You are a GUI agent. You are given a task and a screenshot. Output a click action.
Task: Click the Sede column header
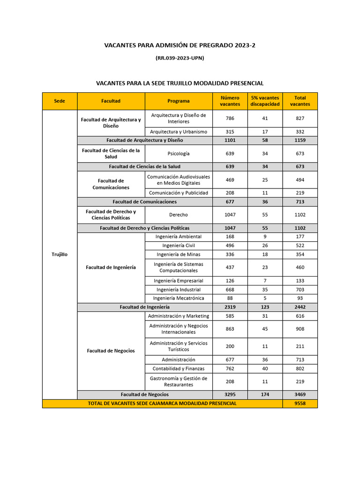pos(60,101)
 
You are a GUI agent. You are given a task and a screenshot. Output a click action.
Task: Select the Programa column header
pos(179,101)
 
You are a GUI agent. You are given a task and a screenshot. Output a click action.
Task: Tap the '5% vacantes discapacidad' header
pos(265,101)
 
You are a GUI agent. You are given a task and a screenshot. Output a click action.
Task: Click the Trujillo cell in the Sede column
pos(60,254)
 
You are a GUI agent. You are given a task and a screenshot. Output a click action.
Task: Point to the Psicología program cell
pos(179,153)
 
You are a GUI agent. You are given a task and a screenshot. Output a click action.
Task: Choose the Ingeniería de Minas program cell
pos(179,254)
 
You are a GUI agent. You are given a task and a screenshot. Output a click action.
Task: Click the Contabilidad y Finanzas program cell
pos(179,368)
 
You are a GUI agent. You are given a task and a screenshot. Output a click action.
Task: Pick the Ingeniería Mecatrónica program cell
pos(179,298)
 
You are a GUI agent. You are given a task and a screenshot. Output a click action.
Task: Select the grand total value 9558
pos(300,403)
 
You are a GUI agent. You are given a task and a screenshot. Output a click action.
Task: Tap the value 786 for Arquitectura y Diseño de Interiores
pos(230,119)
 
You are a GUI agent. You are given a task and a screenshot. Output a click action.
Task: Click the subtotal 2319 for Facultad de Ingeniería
pos(230,307)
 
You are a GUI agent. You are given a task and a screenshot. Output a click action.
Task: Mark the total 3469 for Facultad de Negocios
pos(300,395)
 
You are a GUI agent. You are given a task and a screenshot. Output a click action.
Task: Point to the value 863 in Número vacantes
pos(230,329)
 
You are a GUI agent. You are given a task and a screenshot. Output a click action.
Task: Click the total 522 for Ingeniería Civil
pos(300,245)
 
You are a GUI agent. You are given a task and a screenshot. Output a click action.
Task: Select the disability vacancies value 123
pos(265,307)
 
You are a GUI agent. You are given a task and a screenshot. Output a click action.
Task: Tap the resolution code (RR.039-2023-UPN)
pos(180,58)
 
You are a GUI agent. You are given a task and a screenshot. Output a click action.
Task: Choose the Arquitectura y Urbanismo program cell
pos(179,132)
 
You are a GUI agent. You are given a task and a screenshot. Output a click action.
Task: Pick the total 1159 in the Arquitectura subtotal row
pos(300,140)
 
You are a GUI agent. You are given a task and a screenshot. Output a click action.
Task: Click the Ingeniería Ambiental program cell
pos(179,237)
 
